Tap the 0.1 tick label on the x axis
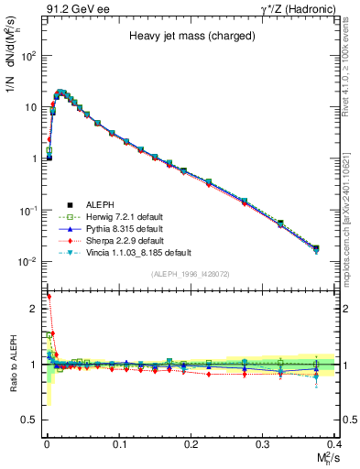point(117,443)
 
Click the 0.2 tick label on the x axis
point(191,443)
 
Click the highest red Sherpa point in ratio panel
point(48,297)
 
